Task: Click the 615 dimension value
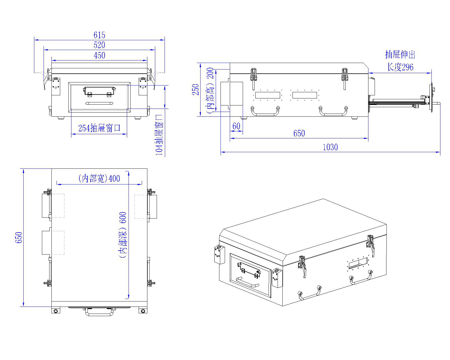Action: pyautogui.click(x=99, y=35)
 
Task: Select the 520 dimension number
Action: pyautogui.click(x=99, y=45)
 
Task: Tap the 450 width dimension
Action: pyautogui.click(x=99, y=55)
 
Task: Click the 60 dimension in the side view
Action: pyautogui.click(x=237, y=126)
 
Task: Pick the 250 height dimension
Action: pyautogui.click(x=196, y=89)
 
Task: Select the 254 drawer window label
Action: pyautogui.click(x=99, y=128)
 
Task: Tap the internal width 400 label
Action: pyautogui.click(x=99, y=178)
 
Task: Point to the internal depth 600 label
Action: pyautogui.click(x=123, y=235)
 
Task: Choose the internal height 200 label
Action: pyautogui.click(x=211, y=90)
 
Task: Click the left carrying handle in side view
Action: pyautogui.click(x=265, y=111)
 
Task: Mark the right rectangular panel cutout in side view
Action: pyautogui.click(x=305, y=95)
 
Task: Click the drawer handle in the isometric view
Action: pyautogui.click(x=247, y=282)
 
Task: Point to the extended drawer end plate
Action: pyautogui.click(x=431, y=98)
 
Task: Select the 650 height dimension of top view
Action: pyautogui.click(x=19, y=238)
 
